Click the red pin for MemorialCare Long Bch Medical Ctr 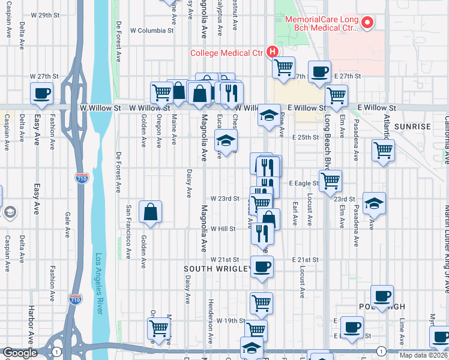369,23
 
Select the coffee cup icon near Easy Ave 42,93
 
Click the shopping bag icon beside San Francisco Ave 150,212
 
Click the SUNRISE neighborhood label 412,127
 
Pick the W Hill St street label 223,229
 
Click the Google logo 20,353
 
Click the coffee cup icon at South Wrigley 261,266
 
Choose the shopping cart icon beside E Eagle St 330,181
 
